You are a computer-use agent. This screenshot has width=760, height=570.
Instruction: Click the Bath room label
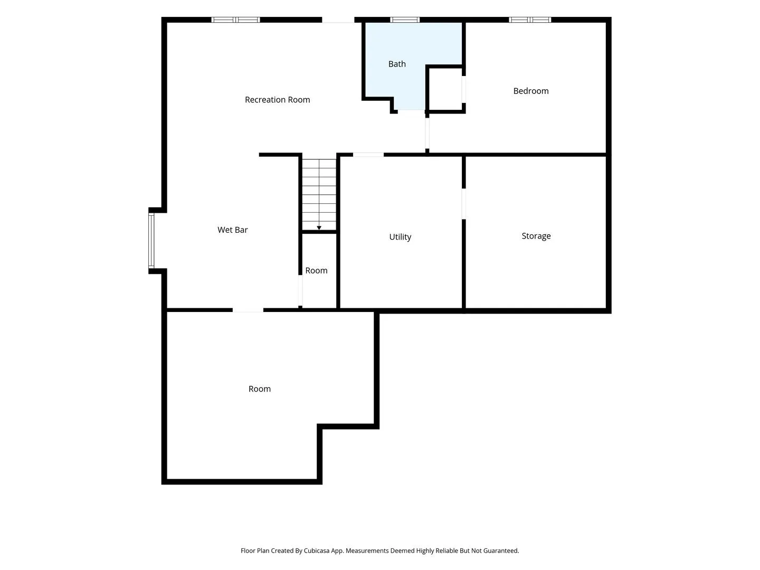click(x=397, y=64)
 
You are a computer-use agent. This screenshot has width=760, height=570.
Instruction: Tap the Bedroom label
click(x=531, y=91)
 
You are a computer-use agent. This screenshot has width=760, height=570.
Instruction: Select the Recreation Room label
click(x=277, y=100)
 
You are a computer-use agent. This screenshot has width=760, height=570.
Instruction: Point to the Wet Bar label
click(x=232, y=230)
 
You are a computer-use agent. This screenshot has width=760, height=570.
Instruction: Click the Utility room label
click(x=400, y=237)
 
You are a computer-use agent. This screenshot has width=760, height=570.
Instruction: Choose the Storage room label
click(x=536, y=236)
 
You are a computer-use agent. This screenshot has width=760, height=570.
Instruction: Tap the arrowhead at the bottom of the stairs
click(x=319, y=227)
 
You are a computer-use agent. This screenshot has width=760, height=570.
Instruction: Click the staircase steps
click(x=319, y=194)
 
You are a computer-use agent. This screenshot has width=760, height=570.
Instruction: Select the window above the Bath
click(x=405, y=20)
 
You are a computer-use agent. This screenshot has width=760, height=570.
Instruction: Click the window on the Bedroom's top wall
click(x=530, y=20)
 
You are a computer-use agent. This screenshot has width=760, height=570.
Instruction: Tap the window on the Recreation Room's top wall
click(x=235, y=20)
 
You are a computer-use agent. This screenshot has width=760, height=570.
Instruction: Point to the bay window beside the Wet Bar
click(x=151, y=241)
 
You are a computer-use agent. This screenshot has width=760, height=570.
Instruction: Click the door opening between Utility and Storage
click(x=463, y=204)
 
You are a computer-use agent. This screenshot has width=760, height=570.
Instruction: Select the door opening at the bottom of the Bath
click(x=411, y=110)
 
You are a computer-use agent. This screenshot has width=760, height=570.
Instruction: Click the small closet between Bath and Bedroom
click(x=445, y=89)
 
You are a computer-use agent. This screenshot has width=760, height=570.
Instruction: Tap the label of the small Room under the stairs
click(x=316, y=271)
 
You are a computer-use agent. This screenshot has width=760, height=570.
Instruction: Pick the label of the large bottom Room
click(x=259, y=389)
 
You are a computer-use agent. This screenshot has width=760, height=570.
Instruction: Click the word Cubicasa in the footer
click(x=317, y=550)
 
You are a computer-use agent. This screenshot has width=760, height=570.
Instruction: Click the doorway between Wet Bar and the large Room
click(x=248, y=310)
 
